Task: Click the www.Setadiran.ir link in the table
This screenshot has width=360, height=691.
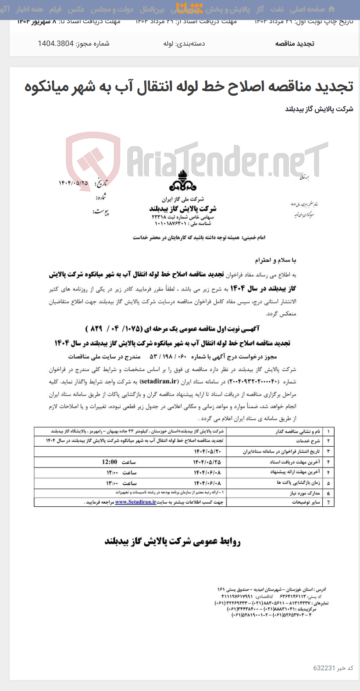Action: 135,502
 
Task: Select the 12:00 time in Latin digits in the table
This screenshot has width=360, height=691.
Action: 110,462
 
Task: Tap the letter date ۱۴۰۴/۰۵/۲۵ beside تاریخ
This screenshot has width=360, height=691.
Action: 73,183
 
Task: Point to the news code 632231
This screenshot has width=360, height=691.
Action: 324,668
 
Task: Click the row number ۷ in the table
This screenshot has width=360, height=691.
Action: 328,502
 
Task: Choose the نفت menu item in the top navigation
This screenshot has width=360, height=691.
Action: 277,9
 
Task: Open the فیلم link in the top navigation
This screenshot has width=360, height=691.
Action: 55,9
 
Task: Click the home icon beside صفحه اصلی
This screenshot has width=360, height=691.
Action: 332,9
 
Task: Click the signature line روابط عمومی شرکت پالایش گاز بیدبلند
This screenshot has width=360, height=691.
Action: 172,541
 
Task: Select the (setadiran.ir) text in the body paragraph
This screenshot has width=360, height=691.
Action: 160,382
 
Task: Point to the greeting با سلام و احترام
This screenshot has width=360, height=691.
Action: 275,261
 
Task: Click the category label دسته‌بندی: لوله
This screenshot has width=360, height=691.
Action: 184,43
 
